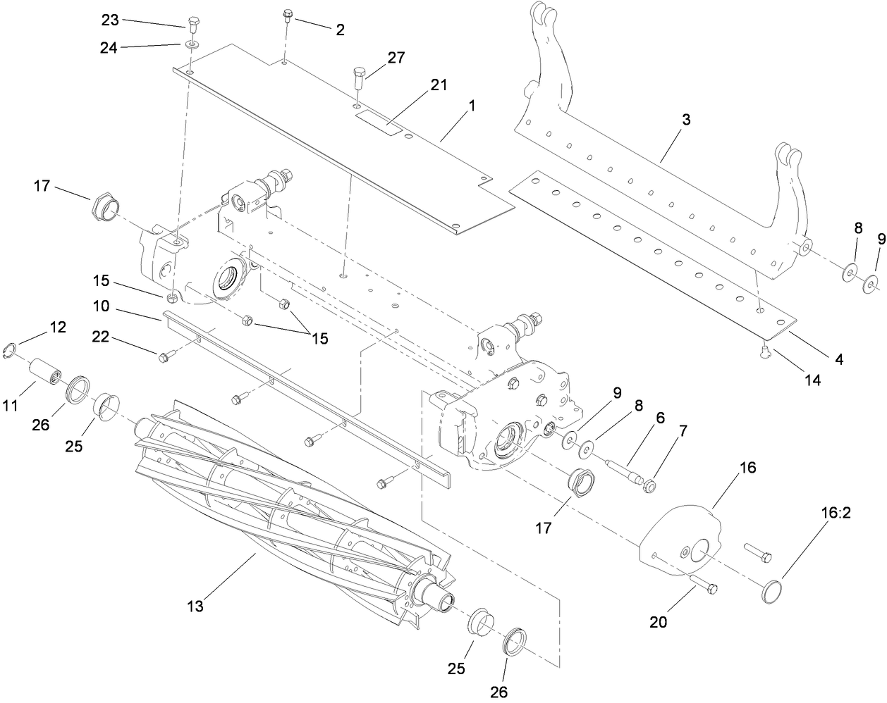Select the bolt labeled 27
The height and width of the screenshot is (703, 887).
pyautogui.click(x=357, y=75)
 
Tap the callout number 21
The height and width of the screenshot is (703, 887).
pyautogui.click(x=439, y=85)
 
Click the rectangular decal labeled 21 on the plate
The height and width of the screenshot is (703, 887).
pyautogui.click(x=379, y=120)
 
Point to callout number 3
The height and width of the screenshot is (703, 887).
pyautogui.click(x=666, y=120)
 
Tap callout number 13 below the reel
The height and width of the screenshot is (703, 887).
pyautogui.click(x=195, y=606)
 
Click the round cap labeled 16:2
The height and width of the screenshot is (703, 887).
pyautogui.click(x=773, y=590)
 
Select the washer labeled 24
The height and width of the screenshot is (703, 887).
pyautogui.click(x=192, y=46)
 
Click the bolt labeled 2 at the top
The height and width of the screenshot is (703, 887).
pyautogui.click(x=288, y=15)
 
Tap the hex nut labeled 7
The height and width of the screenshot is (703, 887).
pyautogui.click(x=649, y=486)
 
